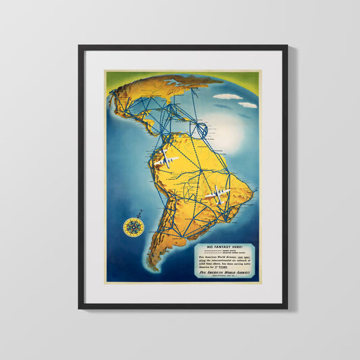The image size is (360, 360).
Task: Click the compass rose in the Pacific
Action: (x=132, y=228)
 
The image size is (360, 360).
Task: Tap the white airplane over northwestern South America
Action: (x=166, y=161)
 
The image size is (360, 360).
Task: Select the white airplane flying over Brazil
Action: (x=217, y=195)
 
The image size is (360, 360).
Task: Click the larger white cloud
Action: (x=228, y=97)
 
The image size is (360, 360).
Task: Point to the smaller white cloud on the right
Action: (x=248, y=105)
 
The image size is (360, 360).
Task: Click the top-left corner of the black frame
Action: (x=80, y=47)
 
